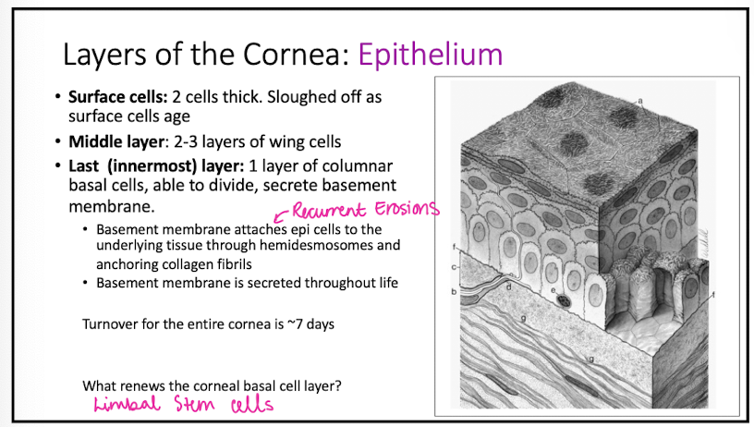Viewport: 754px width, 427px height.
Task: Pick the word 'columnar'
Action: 367,165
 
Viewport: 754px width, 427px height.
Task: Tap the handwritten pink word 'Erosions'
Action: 405,209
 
